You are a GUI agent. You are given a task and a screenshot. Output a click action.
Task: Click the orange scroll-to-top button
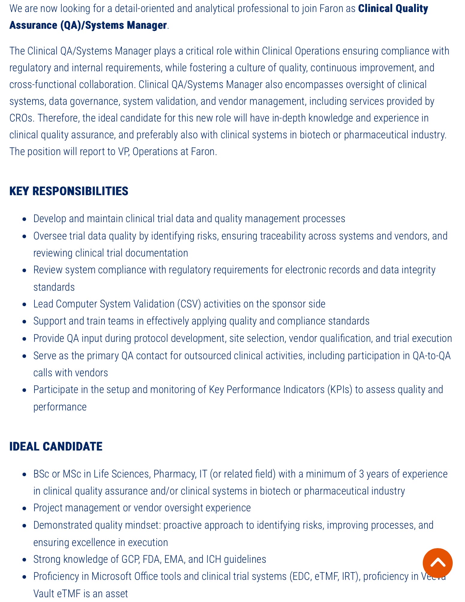[x=437, y=563]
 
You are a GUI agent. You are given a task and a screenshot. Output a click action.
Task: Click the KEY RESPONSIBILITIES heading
[x=69, y=191]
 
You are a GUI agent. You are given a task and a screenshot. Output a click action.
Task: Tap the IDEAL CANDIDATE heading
[x=56, y=446]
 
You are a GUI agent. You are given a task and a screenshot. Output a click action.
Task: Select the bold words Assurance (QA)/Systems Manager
[x=88, y=25]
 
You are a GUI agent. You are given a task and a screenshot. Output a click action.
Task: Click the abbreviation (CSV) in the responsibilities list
[x=189, y=304]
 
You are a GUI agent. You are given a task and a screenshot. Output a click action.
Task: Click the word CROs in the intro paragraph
[x=21, y=118]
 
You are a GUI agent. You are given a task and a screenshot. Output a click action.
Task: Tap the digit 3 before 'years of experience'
[x=361, y=474]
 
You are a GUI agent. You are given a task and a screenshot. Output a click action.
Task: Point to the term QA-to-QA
[x=431, y=356]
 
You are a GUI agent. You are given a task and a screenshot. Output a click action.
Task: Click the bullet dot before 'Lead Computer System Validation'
[x=25, y=304]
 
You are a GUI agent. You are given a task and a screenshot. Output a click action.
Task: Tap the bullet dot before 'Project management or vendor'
[x=25, y=508]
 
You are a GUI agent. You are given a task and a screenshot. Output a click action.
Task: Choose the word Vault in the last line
[x=44, y=593]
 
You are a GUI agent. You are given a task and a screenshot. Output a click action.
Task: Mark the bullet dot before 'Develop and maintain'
[x=25, y=219]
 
